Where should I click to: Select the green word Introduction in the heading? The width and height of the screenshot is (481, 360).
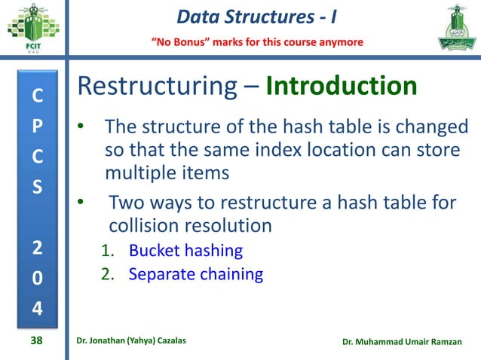(342, 86)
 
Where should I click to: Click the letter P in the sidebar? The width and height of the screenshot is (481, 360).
(37, 126)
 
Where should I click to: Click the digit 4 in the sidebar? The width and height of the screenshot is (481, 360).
(37, 308)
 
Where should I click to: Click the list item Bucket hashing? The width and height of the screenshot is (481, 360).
(185, 250)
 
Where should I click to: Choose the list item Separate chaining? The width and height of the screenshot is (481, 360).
(195, 274)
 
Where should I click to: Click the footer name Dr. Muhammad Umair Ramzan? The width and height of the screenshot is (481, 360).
(405, 343)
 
